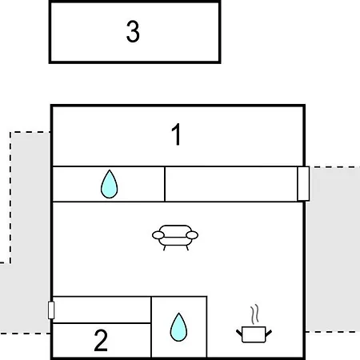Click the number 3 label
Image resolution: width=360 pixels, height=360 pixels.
point(133,32)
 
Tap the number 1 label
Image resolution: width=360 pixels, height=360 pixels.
point(177,134)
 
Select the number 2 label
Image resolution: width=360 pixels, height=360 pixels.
point(101,340)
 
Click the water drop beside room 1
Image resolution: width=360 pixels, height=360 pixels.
point(110,184)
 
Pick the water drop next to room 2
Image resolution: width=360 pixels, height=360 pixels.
point(178,327)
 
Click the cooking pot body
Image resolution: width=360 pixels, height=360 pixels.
point(254,334)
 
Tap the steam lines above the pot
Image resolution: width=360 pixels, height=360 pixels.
point(255,314)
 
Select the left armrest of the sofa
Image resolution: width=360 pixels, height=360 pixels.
point(158,235)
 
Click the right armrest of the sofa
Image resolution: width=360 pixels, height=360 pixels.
point(192,235)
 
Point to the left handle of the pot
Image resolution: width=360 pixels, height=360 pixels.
point(239,334)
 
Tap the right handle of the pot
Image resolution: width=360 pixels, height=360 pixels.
point(269,334)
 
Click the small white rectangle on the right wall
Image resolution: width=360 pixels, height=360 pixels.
point(303,183)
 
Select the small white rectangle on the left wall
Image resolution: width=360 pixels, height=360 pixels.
point(51,310)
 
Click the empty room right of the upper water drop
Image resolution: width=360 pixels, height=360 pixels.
point(231,184)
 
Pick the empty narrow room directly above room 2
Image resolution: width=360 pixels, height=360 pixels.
point(102,310)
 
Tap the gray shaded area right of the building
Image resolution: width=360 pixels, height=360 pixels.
point(333,250)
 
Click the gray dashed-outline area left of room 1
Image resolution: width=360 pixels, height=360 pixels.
point(30,198)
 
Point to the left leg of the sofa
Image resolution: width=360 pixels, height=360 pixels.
point(165,248)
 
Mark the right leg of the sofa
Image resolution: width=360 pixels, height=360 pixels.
point(187,248)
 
